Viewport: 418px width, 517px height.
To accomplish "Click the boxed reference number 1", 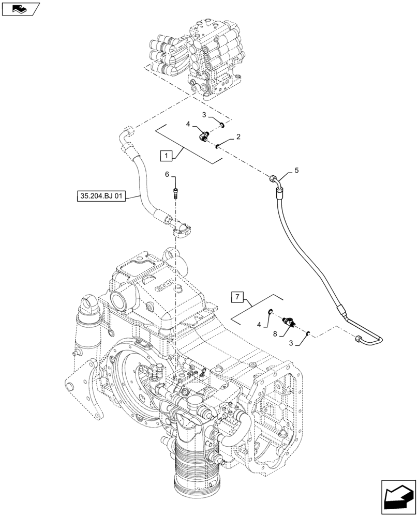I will [x=166, y=155].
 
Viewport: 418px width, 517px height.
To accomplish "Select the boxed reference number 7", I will [x=237, y=297].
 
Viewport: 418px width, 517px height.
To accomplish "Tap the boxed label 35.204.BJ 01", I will [x=101, y=196].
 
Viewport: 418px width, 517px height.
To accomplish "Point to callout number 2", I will [x=237, y=137].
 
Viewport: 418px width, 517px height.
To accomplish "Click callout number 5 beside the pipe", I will [x=296, y=170].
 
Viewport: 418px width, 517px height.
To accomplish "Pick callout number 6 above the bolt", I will [x=167, y=175].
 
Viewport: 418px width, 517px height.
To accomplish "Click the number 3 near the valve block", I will [x=204, y=114].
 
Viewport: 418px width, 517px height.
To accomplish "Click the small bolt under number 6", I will [x=175, y=193].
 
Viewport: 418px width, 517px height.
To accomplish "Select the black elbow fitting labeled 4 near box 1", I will [x=204, y=136].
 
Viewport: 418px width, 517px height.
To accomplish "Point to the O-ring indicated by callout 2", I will [x=218, y=146].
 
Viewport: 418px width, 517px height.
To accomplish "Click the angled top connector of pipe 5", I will [x=276, y=181].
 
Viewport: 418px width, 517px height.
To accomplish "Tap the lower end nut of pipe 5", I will [x=358, y=340].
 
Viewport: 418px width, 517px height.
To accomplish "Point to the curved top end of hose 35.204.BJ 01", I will [x=126, y=133].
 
